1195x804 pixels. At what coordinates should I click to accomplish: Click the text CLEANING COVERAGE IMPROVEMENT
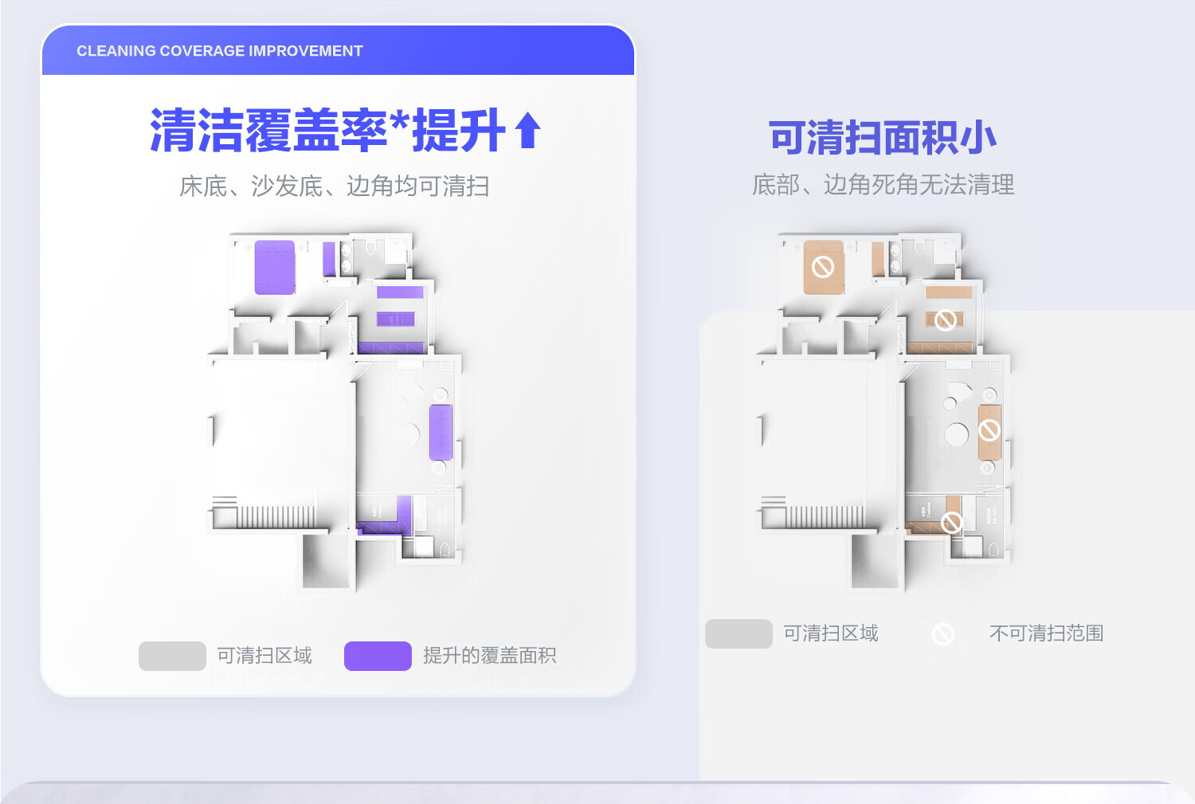[219, 51]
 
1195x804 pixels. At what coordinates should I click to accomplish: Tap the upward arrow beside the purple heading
[527, 131]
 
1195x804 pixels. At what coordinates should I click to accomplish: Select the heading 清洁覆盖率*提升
[327, 131]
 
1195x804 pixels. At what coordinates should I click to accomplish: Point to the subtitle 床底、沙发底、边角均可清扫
[334, 186]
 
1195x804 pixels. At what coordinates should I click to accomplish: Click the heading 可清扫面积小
[882, 138]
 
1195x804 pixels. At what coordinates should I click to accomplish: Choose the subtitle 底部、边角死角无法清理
[883, 185]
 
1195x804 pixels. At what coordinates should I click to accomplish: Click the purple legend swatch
[378, 656]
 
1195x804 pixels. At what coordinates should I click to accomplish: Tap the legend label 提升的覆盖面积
[489, 656]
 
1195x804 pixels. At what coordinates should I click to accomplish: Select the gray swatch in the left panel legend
[172, 656]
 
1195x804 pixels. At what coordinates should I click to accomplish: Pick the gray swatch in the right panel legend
[739, 633]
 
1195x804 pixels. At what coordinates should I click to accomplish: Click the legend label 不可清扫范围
[1046, 633]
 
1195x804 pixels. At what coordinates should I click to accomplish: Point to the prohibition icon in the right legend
[943, 634]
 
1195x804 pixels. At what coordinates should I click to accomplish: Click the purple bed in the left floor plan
[275, 267]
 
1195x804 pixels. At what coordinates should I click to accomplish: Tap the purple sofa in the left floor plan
[441, 432]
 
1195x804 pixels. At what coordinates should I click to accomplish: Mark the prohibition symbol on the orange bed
[823, 267]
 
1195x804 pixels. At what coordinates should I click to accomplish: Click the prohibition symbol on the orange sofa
[989, 431]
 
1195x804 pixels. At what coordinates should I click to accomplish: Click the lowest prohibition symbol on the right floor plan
[951, 523]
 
